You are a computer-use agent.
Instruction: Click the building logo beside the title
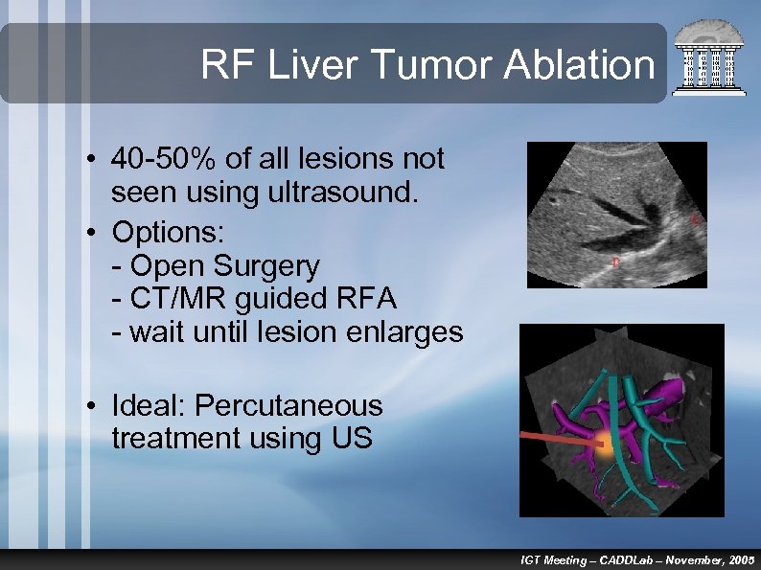pos(709,59)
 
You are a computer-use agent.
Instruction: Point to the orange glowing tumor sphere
pos(602,444)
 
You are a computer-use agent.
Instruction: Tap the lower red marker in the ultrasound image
pos(615,260)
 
